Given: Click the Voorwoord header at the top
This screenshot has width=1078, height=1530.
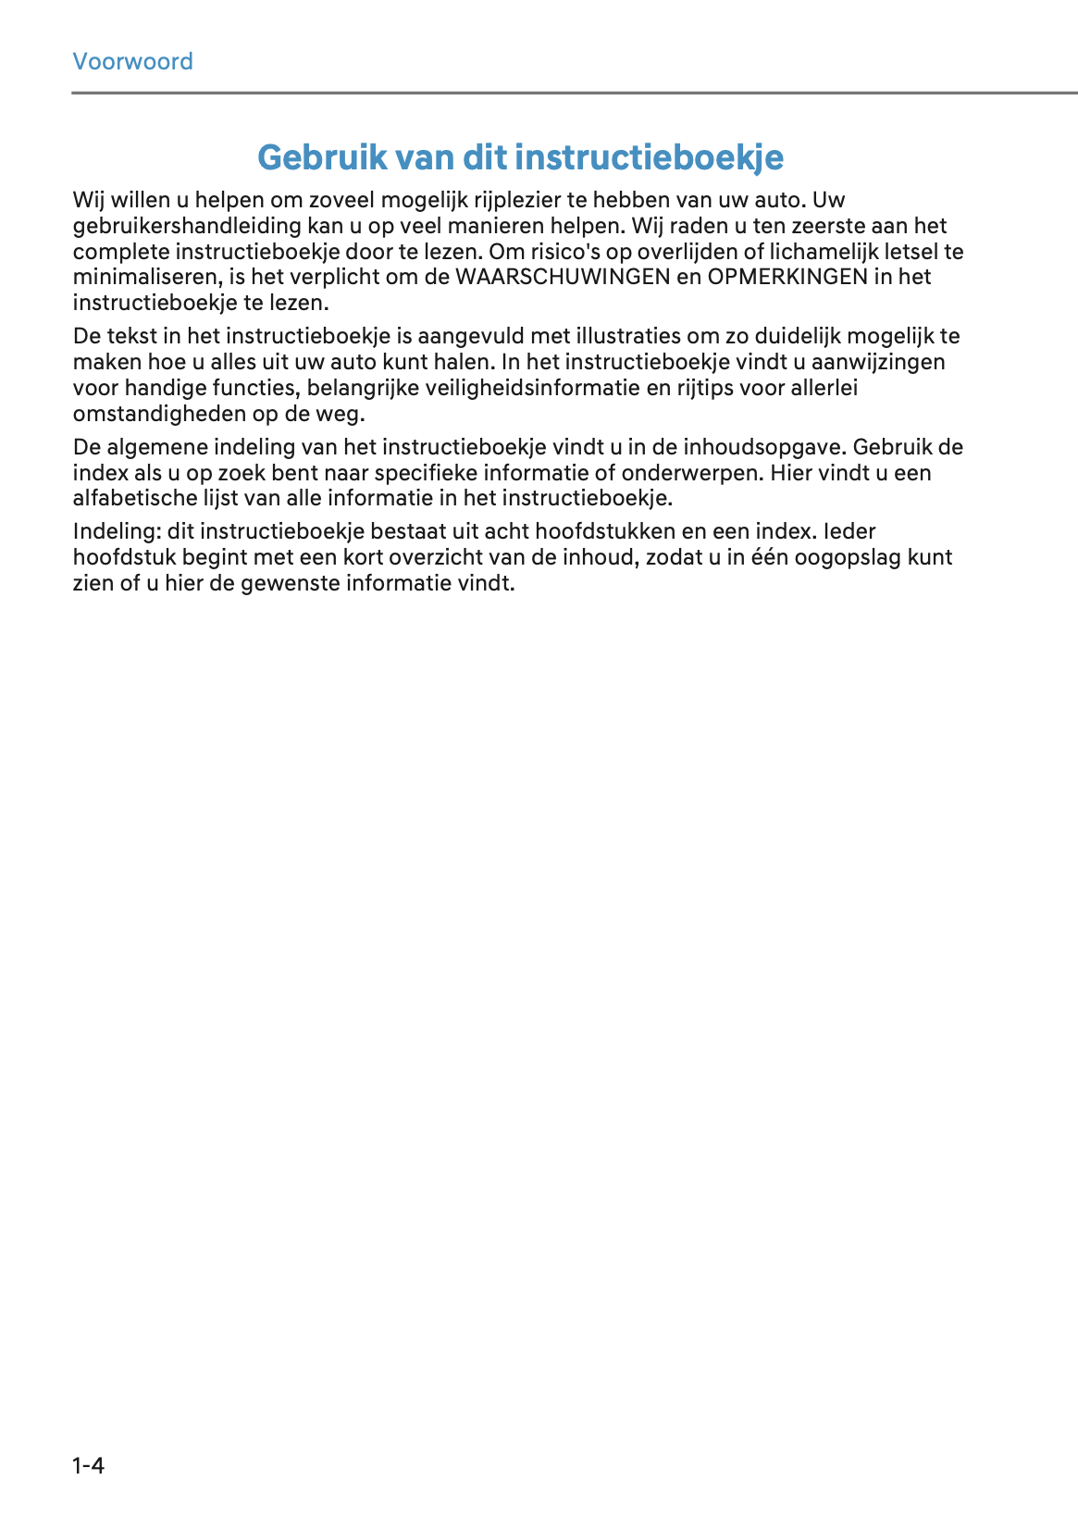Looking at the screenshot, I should [x=132, y=62].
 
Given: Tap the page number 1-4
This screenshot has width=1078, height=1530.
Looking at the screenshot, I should [x=89, y=1465].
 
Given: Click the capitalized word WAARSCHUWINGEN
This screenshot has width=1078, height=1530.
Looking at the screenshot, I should [x=563, y=277].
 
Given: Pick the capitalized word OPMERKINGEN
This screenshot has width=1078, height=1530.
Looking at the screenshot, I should [x=787, y=277].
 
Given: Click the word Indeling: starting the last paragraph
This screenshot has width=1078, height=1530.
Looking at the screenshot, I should [x=117, y=532].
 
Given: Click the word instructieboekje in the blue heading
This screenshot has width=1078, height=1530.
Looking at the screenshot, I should [x=650, y=157].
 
